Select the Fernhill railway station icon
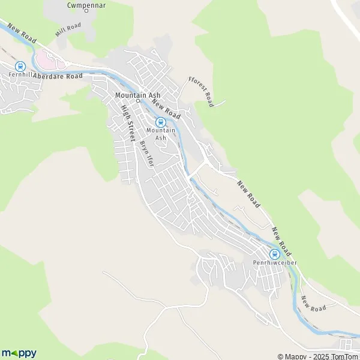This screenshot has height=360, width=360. (x=20, y=66)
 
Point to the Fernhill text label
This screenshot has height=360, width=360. (x=20, y=76)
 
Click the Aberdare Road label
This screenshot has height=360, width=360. (x=58, y=76)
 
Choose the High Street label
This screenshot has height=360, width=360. (x=128, y=123)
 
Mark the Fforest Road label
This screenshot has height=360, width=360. (x=200, y=91)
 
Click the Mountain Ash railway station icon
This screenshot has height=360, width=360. (x=160, y=122)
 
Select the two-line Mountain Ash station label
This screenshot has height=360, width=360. (x=161, y=134)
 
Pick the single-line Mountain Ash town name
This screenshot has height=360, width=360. (x=137, y=95)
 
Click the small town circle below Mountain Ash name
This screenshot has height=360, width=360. (x=137, y=101)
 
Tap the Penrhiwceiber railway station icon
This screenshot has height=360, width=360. (x=275, y=254)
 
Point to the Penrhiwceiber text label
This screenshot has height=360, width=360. (x=275, y=263)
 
